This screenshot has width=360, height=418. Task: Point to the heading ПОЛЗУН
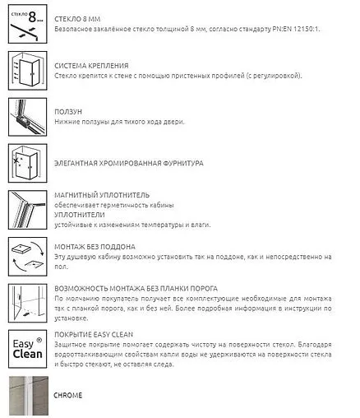(67, 110)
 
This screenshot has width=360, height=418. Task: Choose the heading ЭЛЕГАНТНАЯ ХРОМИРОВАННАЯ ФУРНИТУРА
(127, 163)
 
